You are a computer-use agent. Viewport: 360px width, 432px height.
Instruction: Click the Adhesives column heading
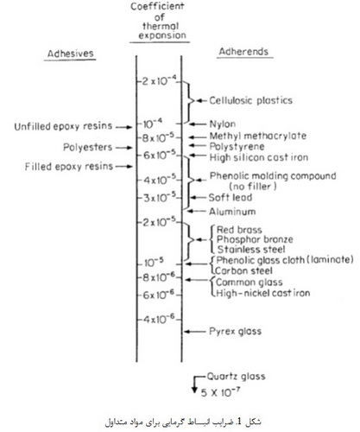pos(71,54)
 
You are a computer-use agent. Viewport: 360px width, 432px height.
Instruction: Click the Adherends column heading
pos(243,52)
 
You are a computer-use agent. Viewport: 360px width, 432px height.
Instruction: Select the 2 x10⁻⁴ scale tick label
pos(159,81)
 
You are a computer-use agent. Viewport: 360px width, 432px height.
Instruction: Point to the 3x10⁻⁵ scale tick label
pos(160,198)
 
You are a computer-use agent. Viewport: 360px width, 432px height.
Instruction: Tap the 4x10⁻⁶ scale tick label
pos(159,319)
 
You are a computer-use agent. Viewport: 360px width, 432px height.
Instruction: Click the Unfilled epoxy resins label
pos(63,126)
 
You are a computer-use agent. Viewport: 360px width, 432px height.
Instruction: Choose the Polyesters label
pos(88,147)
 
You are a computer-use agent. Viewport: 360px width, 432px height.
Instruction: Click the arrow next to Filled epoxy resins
pos(123,166)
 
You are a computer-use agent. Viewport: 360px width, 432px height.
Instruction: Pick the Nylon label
pos(223,124)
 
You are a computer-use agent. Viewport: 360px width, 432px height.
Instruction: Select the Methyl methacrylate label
pos(258,136)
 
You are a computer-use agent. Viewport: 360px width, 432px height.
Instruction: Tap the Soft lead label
pos(231,198)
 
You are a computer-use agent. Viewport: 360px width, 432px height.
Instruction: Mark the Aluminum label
pos(232,212)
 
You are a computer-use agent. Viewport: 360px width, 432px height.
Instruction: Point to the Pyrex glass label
pos(236,331)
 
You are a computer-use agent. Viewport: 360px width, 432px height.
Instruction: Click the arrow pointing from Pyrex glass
pos(195,332)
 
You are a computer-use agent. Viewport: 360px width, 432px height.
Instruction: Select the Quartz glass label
pos(236,377)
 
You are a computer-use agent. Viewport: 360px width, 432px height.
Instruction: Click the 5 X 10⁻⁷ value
pos(220,392)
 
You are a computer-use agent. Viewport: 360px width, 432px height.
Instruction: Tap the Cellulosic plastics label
pos(250,100)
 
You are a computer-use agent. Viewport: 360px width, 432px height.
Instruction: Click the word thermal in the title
pos(161,26)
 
